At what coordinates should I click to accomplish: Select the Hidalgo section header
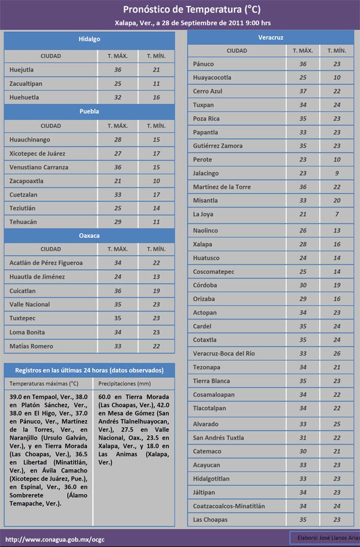point(89,39)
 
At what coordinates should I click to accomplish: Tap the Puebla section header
point(89,111)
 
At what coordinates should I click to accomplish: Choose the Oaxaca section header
point(89,235)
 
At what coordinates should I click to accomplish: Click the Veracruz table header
point(271,37)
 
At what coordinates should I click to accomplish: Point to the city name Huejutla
point(22,70)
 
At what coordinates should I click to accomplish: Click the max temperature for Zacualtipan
point(118,83)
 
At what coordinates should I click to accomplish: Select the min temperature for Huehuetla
point(156,97)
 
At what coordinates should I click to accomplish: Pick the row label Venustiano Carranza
point(39,167)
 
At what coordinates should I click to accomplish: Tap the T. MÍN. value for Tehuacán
point(156,222)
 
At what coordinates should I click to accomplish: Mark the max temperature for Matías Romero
point(118,346)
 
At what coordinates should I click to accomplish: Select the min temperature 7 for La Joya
point(337,214)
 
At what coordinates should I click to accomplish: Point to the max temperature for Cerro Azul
point(303,91)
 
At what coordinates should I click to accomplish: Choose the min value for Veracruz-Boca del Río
point(337,354)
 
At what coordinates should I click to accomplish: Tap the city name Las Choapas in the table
point(210,519)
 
